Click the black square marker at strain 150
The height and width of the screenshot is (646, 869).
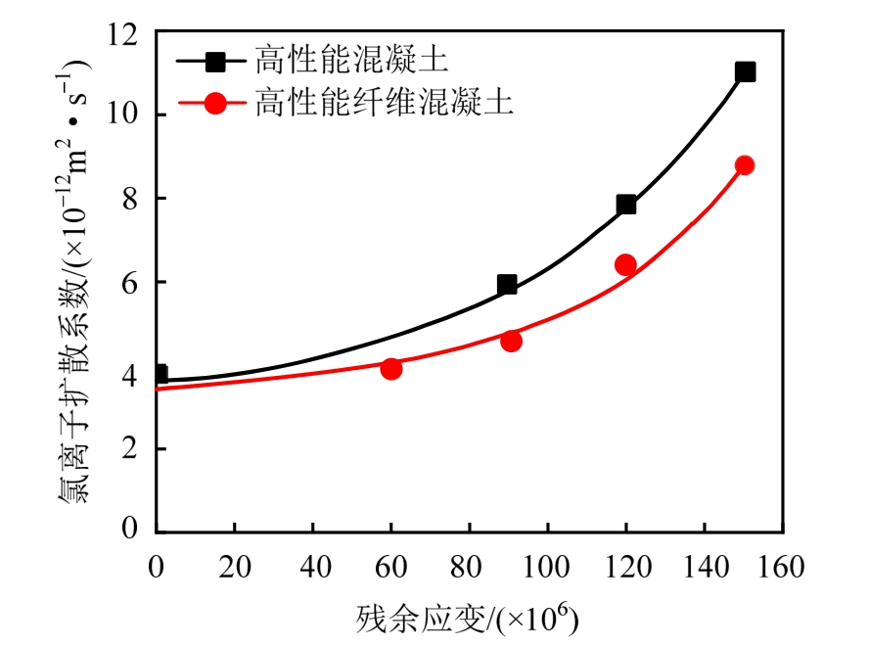coord(745,71)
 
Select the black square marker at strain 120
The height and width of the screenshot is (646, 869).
coord(626,205)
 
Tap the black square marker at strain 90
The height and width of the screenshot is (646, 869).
coord(507,285)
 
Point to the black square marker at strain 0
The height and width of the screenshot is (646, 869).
coord(159,374)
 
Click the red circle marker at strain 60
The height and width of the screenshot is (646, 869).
coord(391,369)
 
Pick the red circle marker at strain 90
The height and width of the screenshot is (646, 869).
coord(511,341)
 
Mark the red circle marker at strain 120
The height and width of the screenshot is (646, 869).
coord(625,264)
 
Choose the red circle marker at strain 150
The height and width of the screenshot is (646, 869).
coord(745,165)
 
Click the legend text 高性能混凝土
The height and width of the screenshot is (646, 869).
coord(351,61)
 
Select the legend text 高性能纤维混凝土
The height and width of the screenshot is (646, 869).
coord(384,101)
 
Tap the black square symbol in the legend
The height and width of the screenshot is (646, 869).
coord(216,62)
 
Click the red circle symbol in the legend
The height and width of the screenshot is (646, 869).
coord(216,102)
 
